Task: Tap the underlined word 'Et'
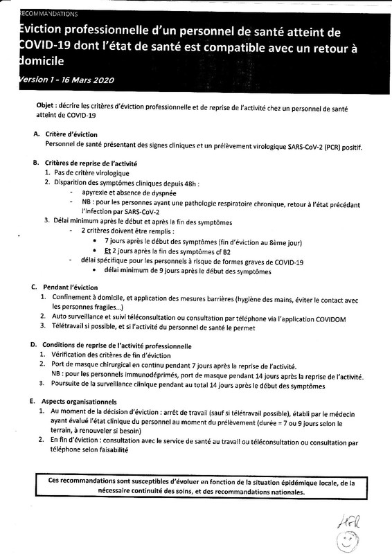(x=108, y=250)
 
